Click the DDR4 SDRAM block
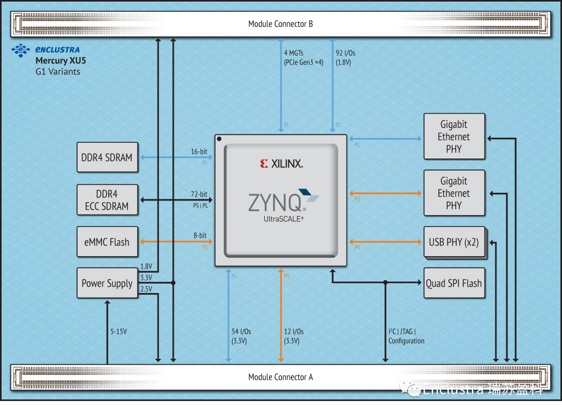107,157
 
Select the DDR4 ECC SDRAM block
107,200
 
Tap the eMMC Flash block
107,242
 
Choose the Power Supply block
107,283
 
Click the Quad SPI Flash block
454,283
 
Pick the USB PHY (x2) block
454,242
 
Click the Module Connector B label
280,24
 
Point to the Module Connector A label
280,377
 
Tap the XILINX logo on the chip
281,164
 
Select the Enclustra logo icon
21,50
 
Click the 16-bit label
199,152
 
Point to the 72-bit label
199,194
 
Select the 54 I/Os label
241,336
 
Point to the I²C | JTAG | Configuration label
406,336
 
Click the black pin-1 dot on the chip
220,139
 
